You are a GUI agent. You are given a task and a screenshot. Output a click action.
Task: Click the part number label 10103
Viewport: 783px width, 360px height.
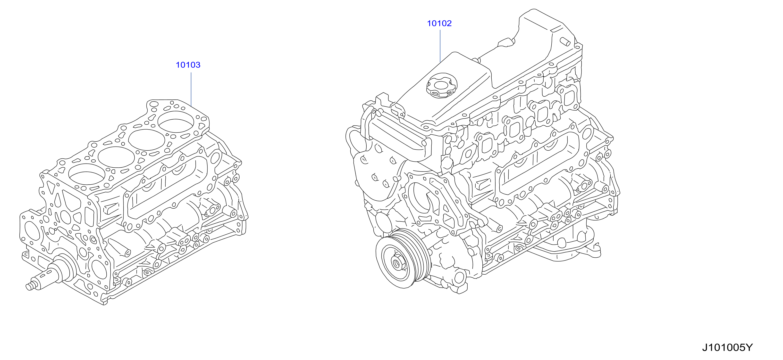[x=188, y=65]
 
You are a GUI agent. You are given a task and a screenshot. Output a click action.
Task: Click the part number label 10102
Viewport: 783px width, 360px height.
[x=439, y=23]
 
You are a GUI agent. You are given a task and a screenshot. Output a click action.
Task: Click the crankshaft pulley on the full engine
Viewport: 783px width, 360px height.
[x=403, y=259]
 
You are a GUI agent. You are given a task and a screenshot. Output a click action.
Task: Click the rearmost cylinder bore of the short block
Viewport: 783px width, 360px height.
[x=176, y=121]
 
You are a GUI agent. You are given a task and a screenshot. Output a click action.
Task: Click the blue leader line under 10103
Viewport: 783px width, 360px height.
[x=191, y=88]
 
